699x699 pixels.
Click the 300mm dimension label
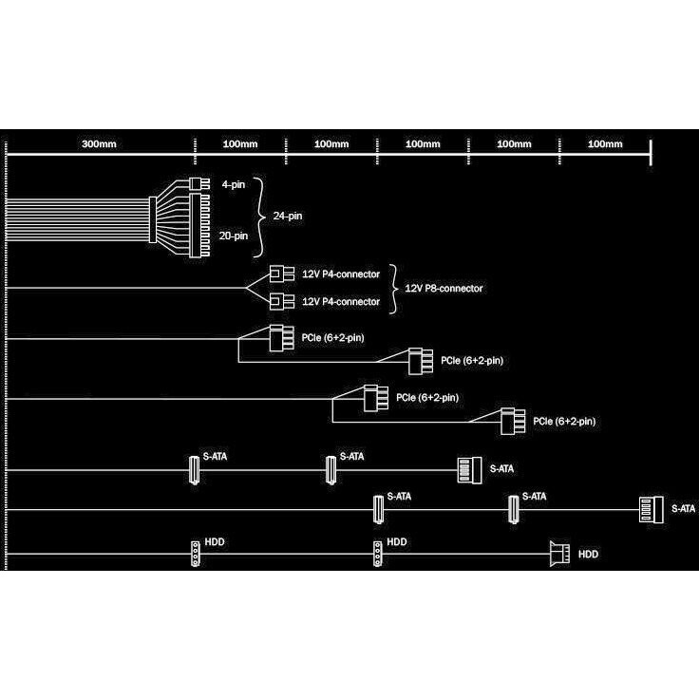click(99, 144)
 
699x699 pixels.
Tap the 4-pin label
click(234, 183)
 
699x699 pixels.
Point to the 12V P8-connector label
click(444, 287)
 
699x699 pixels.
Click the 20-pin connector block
click(198, 225)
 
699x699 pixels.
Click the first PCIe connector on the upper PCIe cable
click(279, 337)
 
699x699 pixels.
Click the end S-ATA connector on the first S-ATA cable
click(466, 469)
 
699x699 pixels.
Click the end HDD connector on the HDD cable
click(558, 552)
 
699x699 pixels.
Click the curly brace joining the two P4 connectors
click(394, 288)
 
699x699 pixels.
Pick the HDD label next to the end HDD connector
click(589, 553)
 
